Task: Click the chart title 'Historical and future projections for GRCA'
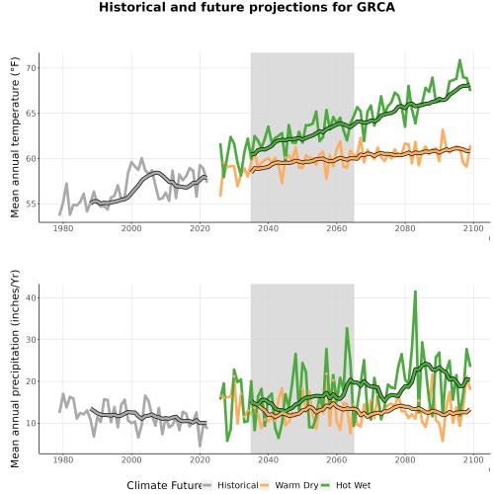247,7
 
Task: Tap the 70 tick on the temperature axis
31,68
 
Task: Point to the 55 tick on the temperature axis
31,204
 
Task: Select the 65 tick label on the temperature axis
31,114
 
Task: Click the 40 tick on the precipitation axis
31,297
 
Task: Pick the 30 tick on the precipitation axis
31,340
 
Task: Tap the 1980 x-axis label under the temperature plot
63,228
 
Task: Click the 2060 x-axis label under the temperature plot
337,228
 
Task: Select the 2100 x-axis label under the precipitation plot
473,459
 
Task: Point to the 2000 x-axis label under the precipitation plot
131,459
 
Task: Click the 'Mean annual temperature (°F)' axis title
15,137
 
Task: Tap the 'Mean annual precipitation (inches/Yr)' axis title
15,369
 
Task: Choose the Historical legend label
238,485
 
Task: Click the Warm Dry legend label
296,486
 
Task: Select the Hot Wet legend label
353,485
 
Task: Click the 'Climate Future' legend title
164,485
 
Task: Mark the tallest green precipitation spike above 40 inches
415,291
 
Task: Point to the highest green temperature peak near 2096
459,60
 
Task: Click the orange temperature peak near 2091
443,130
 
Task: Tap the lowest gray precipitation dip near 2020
200,446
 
